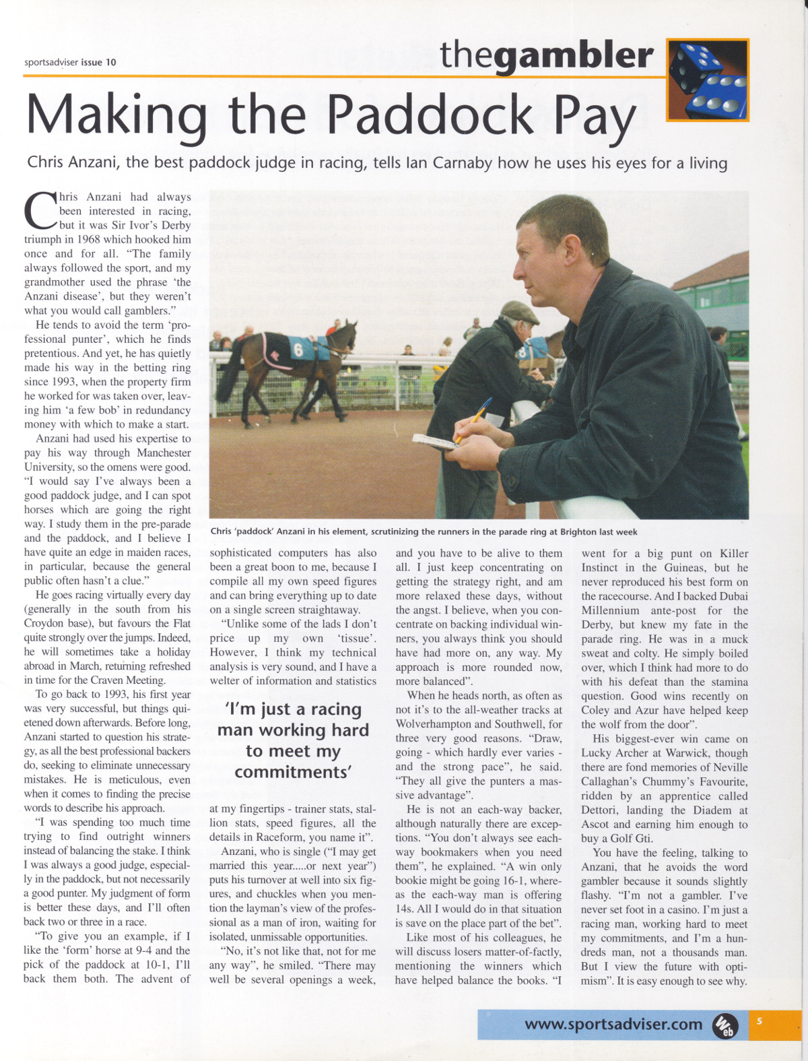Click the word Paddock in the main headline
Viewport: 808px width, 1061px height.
click(432, 115)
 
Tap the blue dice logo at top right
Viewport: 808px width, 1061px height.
click(707, 80)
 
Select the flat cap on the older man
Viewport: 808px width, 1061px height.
click(519, 312)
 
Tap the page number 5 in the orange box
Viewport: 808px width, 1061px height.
click(760, 1021)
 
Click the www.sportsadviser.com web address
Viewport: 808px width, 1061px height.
click(613, 1024)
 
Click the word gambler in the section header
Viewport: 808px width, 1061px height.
click(574, 56)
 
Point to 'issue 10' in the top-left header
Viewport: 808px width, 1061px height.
click(98, 63)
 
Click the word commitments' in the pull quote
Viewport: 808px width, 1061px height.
click(293, 772)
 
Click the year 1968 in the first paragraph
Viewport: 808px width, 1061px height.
click(88, 240)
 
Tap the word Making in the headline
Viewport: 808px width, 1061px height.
click(116, 115)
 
